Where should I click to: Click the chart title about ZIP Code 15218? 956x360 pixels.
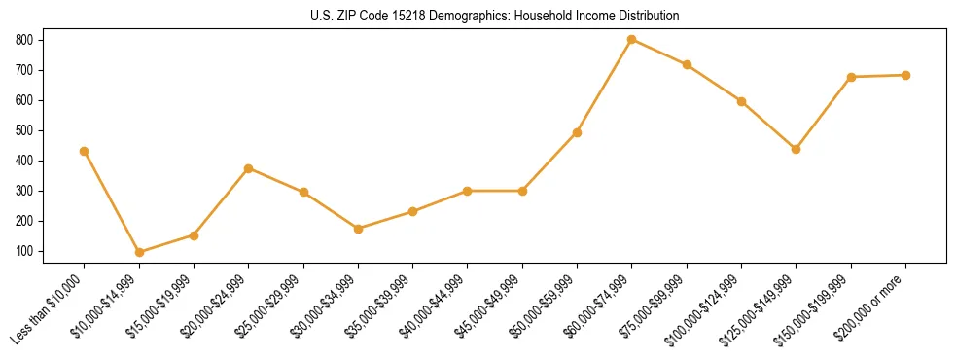coord(478,16)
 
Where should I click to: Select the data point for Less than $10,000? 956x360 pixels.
coord(85,151)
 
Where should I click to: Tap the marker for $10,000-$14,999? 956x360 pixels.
coord(139,252)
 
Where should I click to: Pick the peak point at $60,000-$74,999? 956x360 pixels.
coord(632,40)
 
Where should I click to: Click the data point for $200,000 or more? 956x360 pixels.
coord(905,75)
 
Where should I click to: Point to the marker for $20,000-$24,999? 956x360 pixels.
coord(249,168)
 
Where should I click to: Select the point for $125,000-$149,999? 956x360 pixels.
coord(797,149)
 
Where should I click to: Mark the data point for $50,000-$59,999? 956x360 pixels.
coord(578,132)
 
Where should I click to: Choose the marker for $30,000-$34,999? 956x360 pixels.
coord(359,229)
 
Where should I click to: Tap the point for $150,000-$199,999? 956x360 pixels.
coord(851,77)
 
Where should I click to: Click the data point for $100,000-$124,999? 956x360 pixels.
coord(741,101)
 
